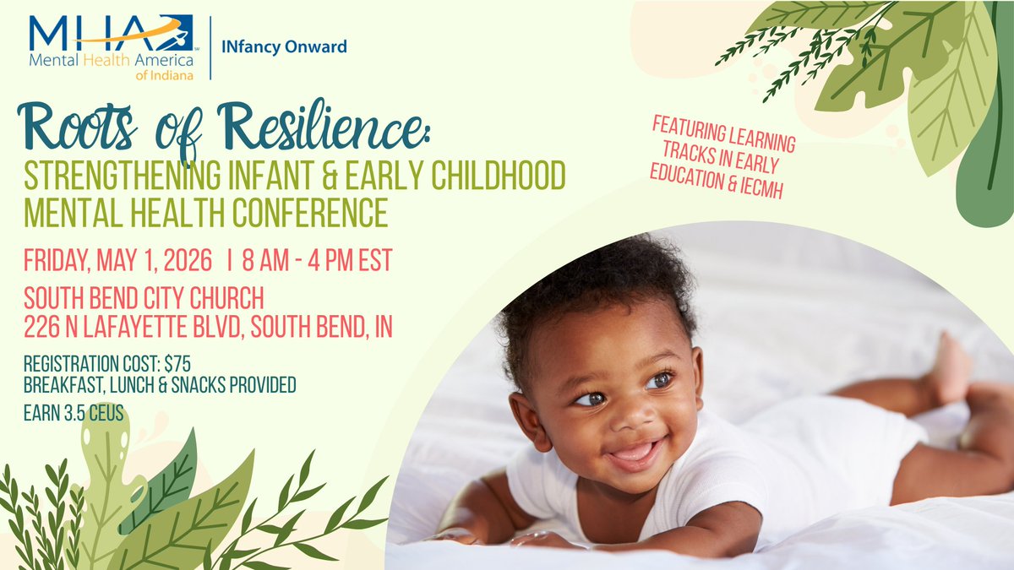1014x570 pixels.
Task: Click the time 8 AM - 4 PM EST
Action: tap(317, 261)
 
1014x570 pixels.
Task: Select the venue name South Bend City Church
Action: tap(144, 298)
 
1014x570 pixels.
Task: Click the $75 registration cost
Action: tap(177, 364)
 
